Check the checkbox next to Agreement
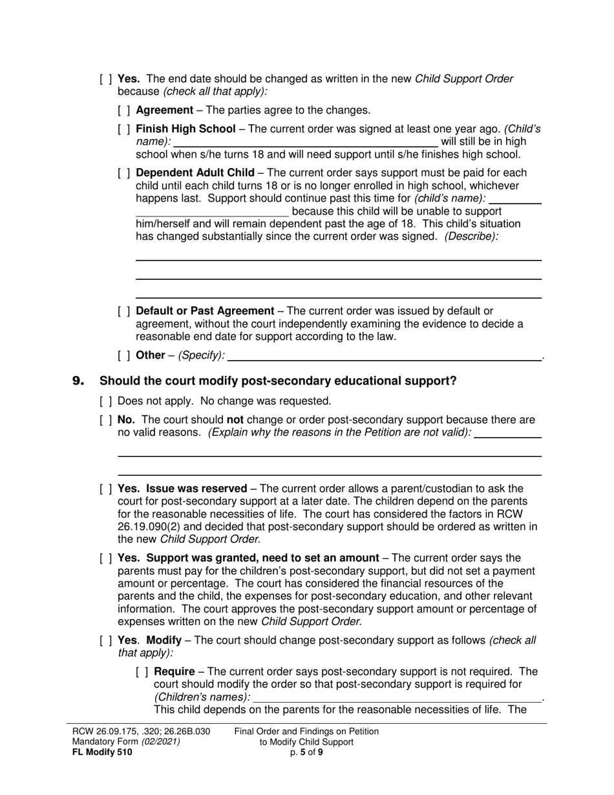124,111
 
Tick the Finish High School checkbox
124,129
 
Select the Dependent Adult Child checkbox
124,173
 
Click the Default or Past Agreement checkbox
124,311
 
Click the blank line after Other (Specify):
384,356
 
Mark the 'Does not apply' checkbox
106,401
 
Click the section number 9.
78,381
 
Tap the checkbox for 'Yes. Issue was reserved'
106,489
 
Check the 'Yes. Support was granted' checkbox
106,558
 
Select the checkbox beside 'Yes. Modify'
106,641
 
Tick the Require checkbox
142,672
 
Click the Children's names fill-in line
397,697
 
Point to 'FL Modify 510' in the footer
103,752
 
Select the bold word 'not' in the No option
235,420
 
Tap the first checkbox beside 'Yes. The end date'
106,79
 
